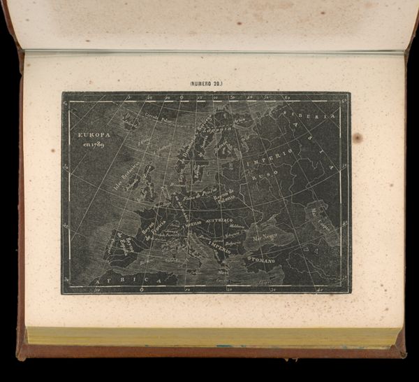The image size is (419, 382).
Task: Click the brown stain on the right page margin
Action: [358, 138]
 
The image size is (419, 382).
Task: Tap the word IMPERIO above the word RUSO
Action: [263, 161]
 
